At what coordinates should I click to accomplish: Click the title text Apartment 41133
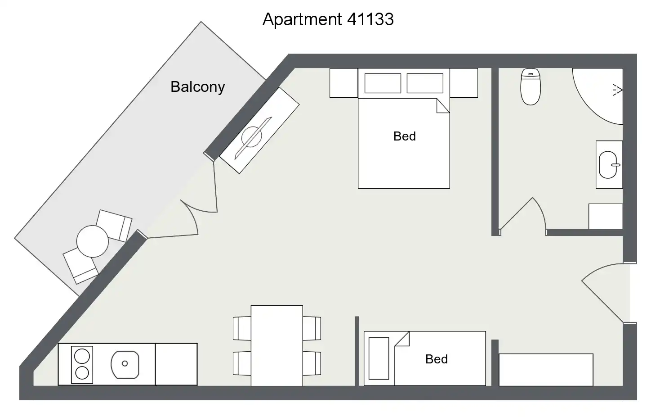(328, 19)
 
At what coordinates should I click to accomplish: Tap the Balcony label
(198, 87)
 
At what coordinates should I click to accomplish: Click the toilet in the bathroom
(531, 87)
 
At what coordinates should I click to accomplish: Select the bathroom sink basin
(609, 165)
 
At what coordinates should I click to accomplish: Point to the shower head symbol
(617, 90)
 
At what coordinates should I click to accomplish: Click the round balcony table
(93, 241)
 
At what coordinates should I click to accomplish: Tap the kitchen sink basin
(125, 365)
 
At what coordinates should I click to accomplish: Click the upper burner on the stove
(82, 356)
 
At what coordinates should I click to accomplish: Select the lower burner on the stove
(82, 373)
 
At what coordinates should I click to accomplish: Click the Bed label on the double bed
(405, 136)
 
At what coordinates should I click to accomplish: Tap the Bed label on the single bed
(437, 359)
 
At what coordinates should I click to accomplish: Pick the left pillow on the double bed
(383, 83)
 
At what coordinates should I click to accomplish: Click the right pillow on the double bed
(425, 83)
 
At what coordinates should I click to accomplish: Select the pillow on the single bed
(379, 358)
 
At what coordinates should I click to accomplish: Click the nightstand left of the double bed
(344, 83)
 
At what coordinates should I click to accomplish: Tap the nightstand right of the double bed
(464, 83)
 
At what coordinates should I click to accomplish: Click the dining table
(276, 345)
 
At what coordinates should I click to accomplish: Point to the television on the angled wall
(259, 131)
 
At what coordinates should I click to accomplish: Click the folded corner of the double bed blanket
(442, 106)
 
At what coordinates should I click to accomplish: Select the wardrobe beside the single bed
(546, 370)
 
